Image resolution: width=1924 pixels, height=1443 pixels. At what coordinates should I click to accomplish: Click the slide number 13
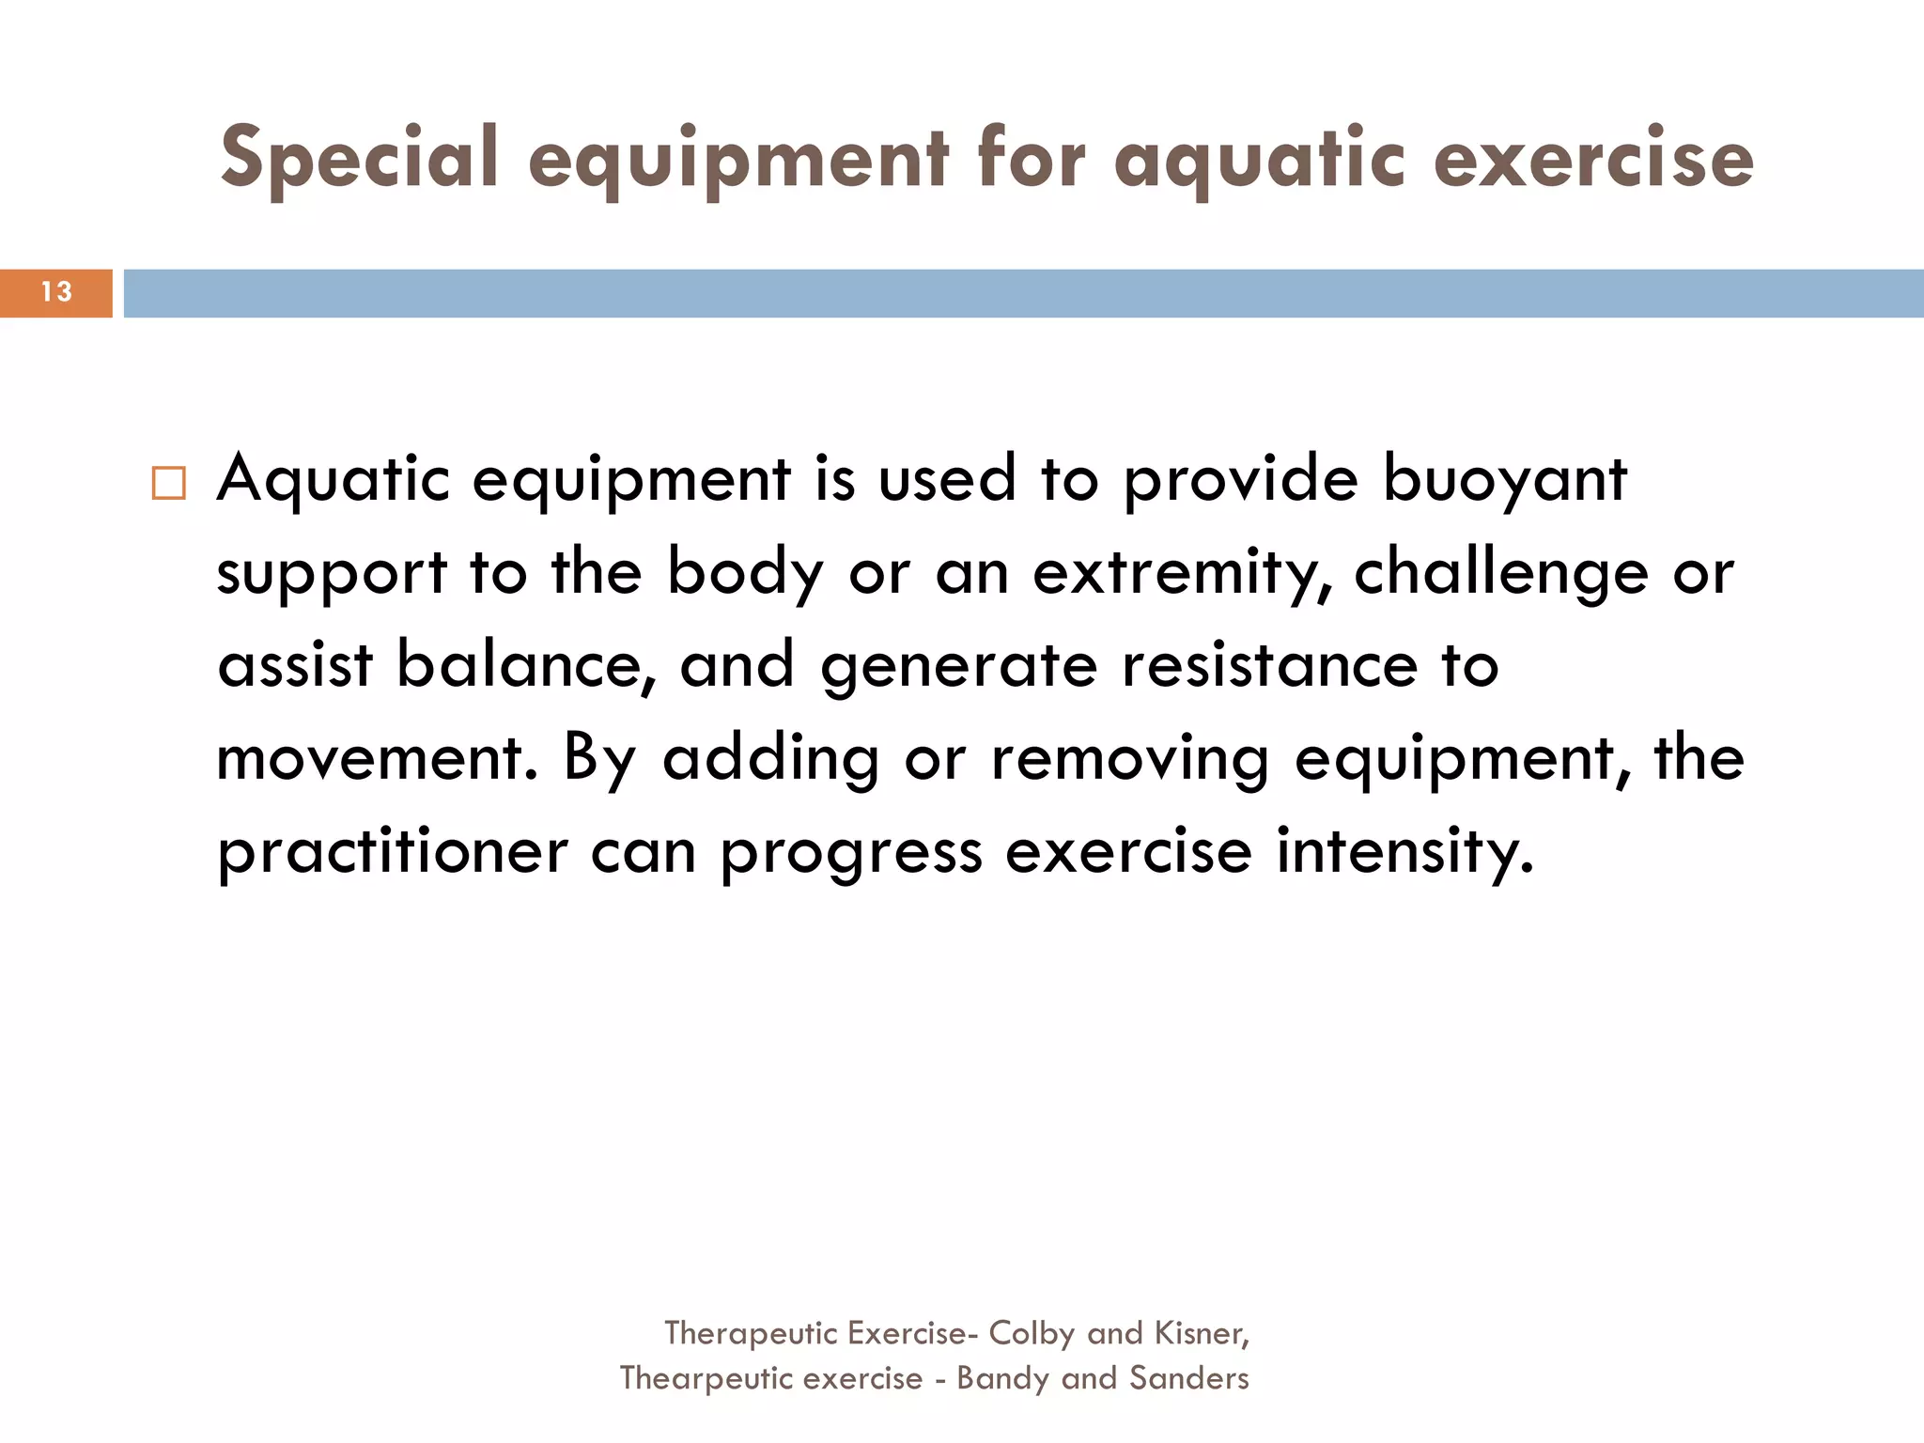point(56,292)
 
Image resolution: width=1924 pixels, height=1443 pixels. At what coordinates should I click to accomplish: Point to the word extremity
point(1187,573)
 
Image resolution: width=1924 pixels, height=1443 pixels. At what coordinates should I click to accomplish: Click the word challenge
point(1500,573)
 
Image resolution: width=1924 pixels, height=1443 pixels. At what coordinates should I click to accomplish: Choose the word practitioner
point(393,851)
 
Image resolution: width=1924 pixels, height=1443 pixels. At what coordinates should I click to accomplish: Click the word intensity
point(1404,851)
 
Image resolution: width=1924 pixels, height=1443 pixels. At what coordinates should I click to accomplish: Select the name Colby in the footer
point(1032,1333)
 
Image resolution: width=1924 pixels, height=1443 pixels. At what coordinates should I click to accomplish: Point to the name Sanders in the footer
point(1188,1378)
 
